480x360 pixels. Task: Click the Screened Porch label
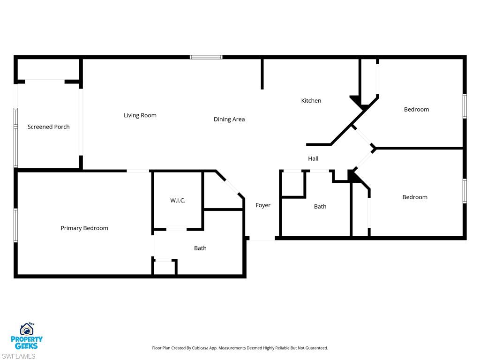tap(48, 127)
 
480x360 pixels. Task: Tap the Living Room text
tap(140, 115)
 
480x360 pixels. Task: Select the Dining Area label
tap(229, 120)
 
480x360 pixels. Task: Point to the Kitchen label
tap(311, 101)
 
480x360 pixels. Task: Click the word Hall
tap(313, 159)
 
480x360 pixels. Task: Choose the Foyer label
tap(263, 205)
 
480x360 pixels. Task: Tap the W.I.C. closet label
tap(178, 201)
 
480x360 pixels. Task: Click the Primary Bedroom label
tap(84, 228)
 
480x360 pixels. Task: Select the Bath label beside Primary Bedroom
tap(200, 248)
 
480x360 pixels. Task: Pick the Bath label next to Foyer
tap(320, 207)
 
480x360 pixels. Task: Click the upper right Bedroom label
tap(416, 110)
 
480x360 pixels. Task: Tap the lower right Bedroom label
tap(415, 197)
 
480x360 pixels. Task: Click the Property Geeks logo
tap(27, 336)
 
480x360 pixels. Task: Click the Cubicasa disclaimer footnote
tap(240, 348)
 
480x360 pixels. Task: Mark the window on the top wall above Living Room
tap(206, 57)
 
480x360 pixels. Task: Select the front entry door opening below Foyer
tap(262, 239)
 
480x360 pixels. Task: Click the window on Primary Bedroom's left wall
tap(15, 225)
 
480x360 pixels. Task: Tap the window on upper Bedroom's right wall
tap(465, 106)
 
